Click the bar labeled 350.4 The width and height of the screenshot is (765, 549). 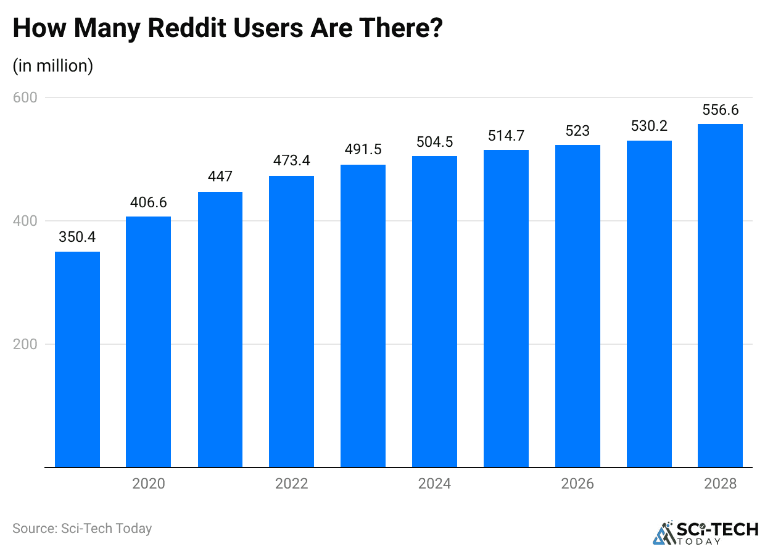point(77,359)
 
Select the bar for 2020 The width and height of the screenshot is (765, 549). point(148,342)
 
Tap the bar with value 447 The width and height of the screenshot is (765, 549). point(220,329)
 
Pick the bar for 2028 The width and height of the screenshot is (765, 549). point(720,295)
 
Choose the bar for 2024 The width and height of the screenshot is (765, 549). point(434,312)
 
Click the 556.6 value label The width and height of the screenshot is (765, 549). point(720,110)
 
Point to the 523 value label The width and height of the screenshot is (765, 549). point(577,131)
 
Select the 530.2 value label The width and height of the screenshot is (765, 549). point(649,126)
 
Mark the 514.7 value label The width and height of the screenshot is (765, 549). point(506,136)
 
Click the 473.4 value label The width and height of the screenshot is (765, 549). point(292,161)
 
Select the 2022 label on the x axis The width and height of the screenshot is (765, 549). point(292,484)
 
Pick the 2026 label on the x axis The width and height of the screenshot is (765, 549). point(577,484)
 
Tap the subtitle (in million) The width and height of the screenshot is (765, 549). point(53,65)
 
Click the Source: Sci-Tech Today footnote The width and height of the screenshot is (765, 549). point(82,529)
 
